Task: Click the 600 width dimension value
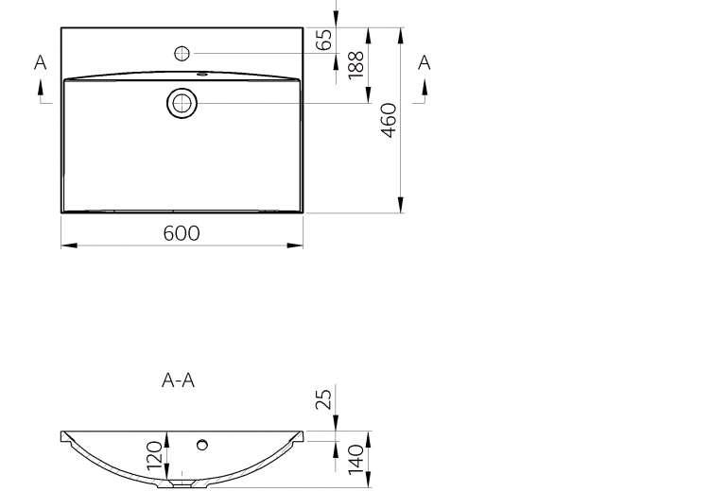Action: coord(182,233)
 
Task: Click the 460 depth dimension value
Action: coord(390,120)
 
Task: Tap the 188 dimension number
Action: coord(355,65)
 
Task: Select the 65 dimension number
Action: coord(323,40)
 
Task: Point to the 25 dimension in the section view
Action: coord(323,398)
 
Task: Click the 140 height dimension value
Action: coord(355,460)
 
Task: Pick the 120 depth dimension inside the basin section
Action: coord(155,455)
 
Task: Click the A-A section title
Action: coord(179,381)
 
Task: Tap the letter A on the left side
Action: coord(41,62)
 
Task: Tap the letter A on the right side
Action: coord(424,62)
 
